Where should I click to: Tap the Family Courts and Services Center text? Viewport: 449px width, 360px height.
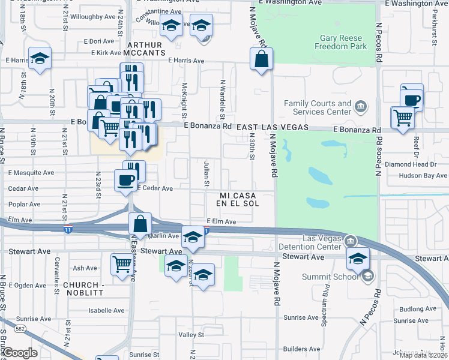317,107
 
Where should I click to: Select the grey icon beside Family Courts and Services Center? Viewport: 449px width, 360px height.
361,107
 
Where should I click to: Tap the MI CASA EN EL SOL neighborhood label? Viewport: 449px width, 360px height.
239,200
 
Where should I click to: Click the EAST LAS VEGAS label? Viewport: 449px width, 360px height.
272,128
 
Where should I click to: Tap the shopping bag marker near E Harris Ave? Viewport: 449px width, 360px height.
262,59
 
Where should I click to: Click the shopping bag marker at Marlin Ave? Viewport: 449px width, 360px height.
140,224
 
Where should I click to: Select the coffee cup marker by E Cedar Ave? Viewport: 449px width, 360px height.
125,180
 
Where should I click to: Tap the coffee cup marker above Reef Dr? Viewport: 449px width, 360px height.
412,100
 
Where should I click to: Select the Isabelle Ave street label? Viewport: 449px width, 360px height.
106,310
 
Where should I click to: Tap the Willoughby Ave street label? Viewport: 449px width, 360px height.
92,17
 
